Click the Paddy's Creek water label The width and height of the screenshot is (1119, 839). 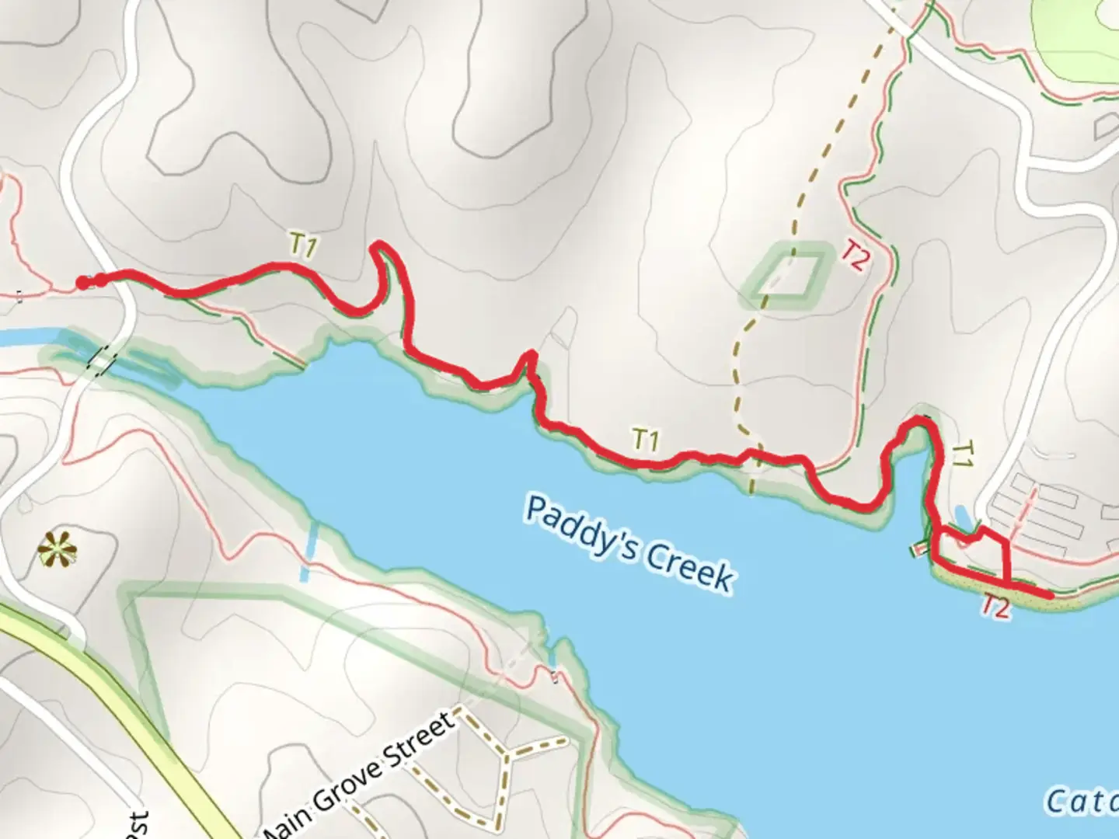[x=629, y=543]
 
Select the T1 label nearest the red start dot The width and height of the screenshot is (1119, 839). [x=304, y=246]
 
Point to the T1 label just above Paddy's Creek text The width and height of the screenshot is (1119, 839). [x=646, y=440]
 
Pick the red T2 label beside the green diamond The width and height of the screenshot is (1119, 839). [x=854, y=256]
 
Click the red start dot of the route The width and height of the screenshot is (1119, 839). [x=82, y=283]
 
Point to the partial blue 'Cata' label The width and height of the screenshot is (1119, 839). [x=1080, y=801]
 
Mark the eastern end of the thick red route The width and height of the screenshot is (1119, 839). [x=1051, y=594]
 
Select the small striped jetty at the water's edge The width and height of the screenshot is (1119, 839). [x=918, y=549]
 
